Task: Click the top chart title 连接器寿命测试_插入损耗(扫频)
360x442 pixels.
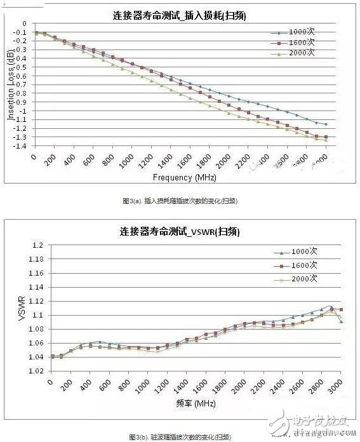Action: [x=182, y=13]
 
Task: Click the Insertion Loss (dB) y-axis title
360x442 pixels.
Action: [x=11, y=86]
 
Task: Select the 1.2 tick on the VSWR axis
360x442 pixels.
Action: [x=39, y=245]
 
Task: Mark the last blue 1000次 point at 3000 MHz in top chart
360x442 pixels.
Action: [x=326, y=124]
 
